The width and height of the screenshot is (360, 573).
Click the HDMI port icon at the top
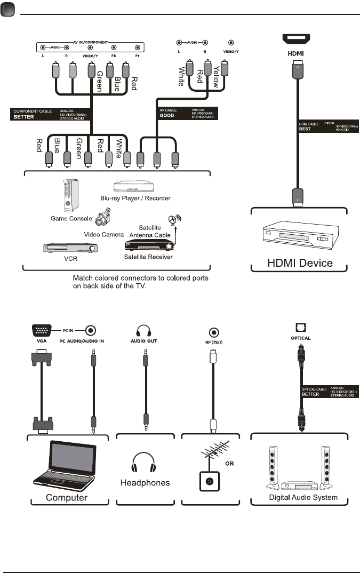295,38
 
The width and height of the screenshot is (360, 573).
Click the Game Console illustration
69,195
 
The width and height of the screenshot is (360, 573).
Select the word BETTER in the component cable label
25,117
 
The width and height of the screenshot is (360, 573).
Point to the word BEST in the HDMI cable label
305,129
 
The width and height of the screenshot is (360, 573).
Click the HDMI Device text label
300,262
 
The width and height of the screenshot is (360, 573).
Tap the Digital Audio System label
302,497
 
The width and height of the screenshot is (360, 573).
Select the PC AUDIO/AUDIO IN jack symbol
93,330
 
